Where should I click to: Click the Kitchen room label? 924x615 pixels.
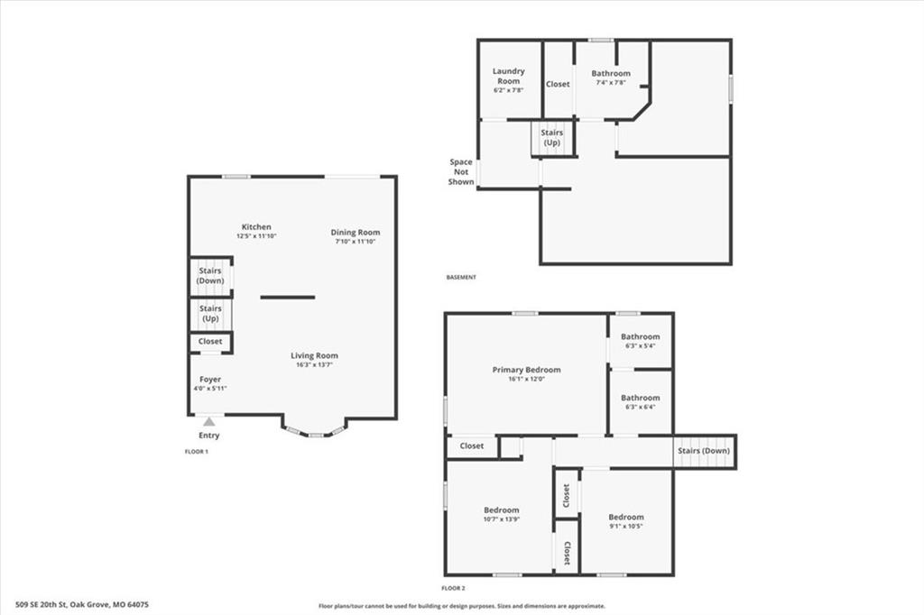point(256,227)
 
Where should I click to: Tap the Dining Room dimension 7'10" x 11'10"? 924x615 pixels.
point(355,242)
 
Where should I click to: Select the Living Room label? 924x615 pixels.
point(314,355)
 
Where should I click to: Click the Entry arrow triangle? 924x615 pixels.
point(209,421)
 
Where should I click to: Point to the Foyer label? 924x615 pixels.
point(210,380)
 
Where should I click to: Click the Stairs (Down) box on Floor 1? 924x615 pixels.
point(210,276)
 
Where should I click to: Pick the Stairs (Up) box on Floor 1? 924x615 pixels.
point(210,314)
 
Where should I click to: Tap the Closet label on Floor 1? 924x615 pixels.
point(210,341)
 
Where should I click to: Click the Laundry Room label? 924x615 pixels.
point(509,76)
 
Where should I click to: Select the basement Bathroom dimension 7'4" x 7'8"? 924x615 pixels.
point(611,82)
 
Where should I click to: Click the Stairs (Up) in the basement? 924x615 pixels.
point(552,138)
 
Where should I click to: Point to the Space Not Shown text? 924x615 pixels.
point(461,171)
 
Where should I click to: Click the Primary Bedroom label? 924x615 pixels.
point(526,370)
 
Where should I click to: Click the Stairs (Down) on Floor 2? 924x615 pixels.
point(704,451)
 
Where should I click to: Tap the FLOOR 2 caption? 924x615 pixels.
point(453,588)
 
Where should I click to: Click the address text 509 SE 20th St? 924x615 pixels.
point(42,604)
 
